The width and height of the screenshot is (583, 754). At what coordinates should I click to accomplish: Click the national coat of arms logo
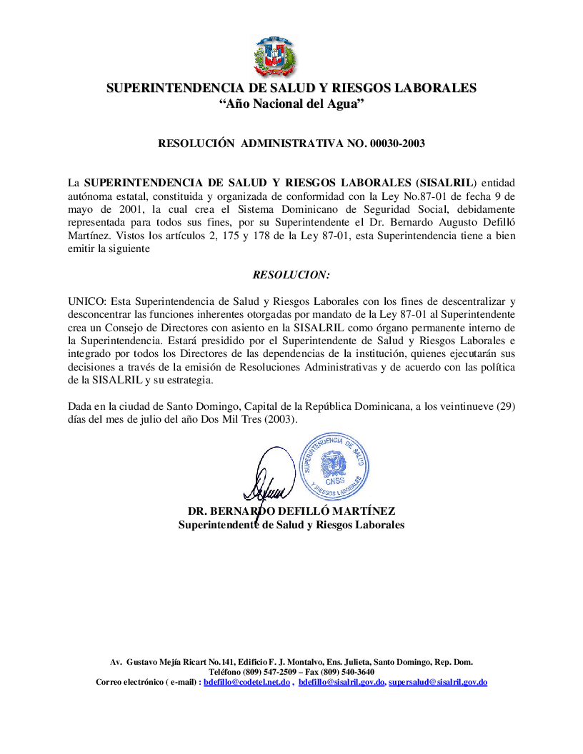coord(275,56)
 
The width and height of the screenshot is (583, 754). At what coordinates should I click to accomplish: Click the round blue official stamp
coord(334,466)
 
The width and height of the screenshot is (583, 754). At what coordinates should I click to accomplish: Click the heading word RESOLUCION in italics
coord(291,274)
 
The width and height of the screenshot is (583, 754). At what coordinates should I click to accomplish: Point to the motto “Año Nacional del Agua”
coord(291,104)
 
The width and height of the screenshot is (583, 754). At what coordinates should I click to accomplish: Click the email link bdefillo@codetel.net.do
coord(246,683)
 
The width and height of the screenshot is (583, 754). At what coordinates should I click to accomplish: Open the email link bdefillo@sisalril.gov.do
coord(342,683)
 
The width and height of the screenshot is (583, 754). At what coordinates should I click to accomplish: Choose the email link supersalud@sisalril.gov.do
coord(438,683)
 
